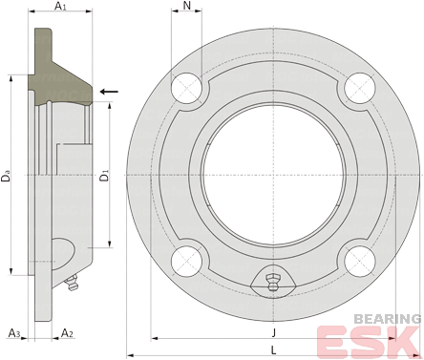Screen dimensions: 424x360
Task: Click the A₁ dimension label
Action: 60,6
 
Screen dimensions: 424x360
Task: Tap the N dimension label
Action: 187,6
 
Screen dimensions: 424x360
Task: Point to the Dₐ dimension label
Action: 6,176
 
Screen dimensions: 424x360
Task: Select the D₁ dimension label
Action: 104,176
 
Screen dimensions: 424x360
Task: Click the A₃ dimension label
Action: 14,333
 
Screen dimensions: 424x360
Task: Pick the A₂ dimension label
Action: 67,333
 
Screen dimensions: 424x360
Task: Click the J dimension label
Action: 273,333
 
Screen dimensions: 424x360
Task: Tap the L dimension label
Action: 273,350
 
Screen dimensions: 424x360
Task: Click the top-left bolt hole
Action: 187,88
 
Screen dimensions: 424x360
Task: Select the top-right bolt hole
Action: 360,88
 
